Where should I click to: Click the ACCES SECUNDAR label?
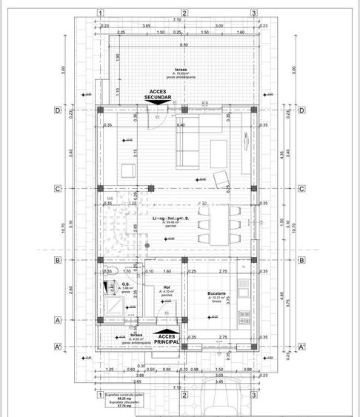tap(160, 94)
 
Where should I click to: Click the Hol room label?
tap(167, 287)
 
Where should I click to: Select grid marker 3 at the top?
tap(253, 13)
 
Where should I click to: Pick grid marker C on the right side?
tap(302, 188)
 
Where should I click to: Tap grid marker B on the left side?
tap(57, 260)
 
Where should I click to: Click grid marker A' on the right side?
tap(302, 346)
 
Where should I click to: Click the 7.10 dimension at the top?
tap(178, 19)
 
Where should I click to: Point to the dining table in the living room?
tap(220, 225)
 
